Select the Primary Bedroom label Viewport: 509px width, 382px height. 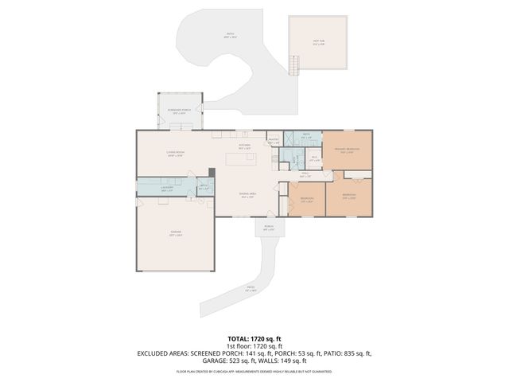(347, 150)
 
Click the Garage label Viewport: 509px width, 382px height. (175, 234)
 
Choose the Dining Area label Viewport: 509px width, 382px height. (246, 195)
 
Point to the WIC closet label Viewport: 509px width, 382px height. (314, 159)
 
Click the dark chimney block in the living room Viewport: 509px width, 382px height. (211, 172)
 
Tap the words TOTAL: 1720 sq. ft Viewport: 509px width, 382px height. (254, 338)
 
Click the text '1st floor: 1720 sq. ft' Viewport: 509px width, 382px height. (254, 345)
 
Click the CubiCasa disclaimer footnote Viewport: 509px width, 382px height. (254, 371)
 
